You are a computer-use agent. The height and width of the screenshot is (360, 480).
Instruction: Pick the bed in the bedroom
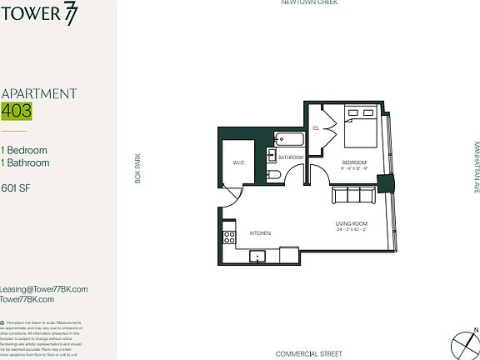coord(361,129)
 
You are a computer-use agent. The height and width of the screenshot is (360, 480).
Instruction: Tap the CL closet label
coord(317,128)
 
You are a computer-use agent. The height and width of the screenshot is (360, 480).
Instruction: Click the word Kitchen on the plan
coord(261,233)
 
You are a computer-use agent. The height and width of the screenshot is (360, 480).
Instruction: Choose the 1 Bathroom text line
coord(25,163)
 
